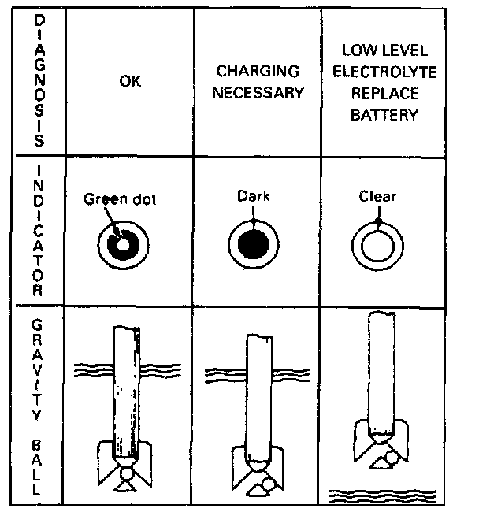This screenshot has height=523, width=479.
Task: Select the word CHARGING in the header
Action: tap(259, 72)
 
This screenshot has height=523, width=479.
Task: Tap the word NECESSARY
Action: tap(259, 92)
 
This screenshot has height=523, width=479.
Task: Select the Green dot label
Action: tap(120, 199)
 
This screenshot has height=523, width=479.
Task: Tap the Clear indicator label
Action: tap(377, 197)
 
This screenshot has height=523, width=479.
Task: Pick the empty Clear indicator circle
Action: tap(377, 247)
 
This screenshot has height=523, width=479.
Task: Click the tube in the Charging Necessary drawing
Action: tap(260, 394)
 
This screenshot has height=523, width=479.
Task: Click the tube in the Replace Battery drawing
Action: tap(382, 370)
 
